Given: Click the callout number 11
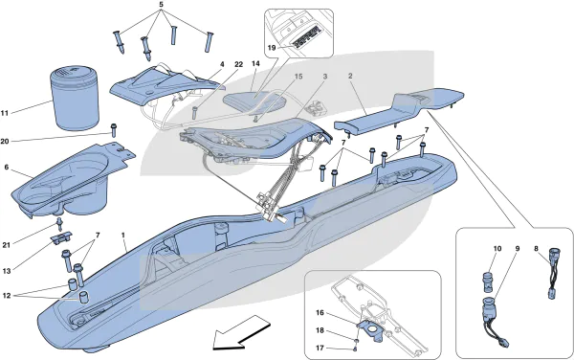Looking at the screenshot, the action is [4, 113].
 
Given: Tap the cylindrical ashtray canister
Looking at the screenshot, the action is [75, 99].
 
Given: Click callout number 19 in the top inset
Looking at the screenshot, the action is [271, 48].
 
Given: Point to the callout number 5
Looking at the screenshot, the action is [162, 5].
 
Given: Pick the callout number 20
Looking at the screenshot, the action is [5, 142].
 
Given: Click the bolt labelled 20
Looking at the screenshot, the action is [114, 130].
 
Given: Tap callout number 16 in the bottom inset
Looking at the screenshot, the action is [320, 312].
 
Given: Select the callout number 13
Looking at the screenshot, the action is [7, 271].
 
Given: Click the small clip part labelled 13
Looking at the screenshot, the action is [61, 238].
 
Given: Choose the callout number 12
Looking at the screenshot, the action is [7, 296].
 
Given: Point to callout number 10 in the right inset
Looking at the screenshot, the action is [497, 249].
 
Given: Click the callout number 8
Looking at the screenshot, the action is [536, 249].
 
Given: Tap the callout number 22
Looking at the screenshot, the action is [238, 64].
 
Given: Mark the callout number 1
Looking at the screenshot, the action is [123, 234].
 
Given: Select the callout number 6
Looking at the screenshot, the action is [7, 167].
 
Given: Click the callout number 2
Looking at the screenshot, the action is [350, 77].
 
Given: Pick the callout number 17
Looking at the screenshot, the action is [320, 348].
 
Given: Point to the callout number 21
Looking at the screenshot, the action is [7, 245].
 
